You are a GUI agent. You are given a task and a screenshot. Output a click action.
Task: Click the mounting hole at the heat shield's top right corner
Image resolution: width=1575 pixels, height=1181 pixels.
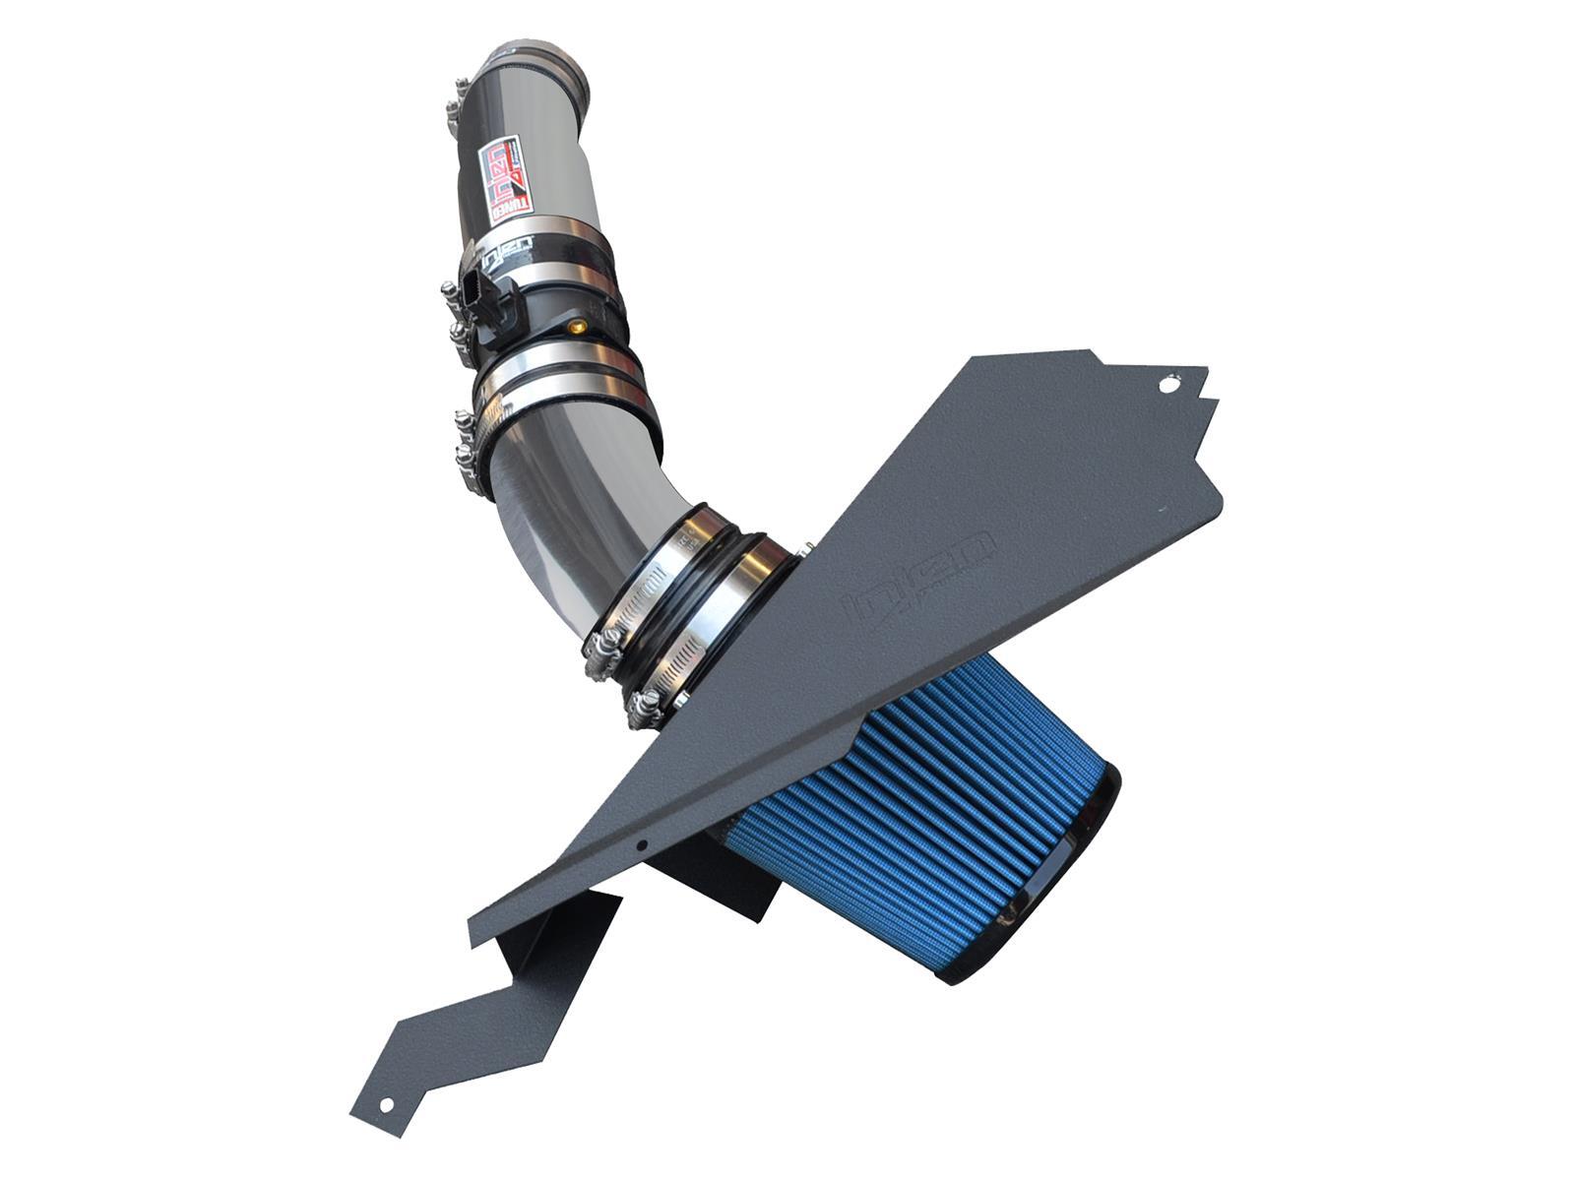coord(1167,387)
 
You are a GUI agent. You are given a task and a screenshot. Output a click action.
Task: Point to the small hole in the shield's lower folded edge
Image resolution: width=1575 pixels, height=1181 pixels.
coord(641,844)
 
